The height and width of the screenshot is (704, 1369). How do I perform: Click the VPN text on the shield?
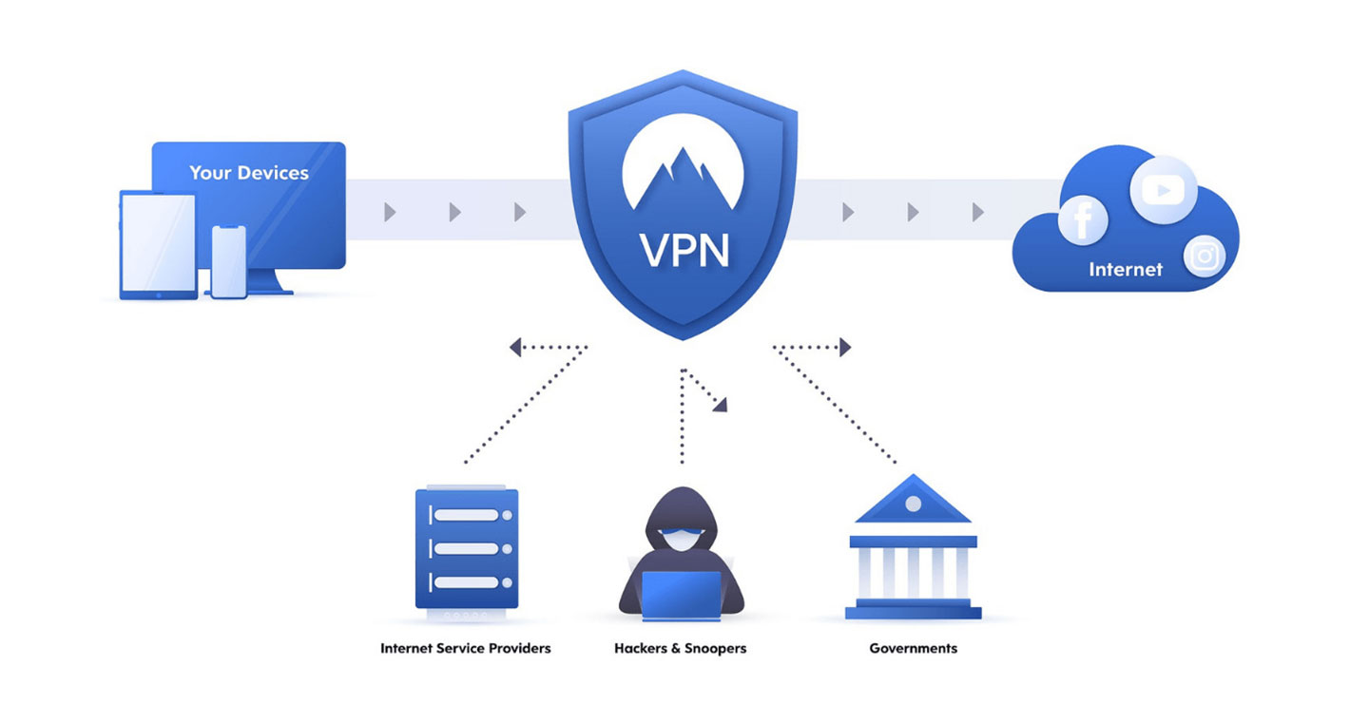(684, 251)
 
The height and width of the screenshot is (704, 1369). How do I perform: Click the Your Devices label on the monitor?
(249, 173)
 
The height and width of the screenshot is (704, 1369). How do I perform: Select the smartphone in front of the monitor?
(228, 262)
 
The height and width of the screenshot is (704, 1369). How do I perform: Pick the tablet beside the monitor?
(158, 246)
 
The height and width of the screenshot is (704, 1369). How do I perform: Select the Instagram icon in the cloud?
(1205, 257)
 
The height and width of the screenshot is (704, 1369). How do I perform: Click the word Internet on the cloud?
(1126, 270)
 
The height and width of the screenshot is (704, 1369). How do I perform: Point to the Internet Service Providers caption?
(465, 648)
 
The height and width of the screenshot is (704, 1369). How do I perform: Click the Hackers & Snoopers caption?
(680, 648)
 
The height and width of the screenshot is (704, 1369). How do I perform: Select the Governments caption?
(913, 648)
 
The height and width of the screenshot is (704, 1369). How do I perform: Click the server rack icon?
(466, 548)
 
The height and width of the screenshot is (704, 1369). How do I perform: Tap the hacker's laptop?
(681, 594)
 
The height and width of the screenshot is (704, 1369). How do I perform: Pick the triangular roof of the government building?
(913, 501)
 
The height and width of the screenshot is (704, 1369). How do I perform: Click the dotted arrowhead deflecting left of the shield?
(515, 348)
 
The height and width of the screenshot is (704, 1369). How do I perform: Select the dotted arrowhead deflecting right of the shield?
(844, 348)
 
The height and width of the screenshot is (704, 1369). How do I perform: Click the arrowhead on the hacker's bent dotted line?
(721, 405)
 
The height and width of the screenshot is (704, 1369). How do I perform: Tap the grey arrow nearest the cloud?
(977, 213)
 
